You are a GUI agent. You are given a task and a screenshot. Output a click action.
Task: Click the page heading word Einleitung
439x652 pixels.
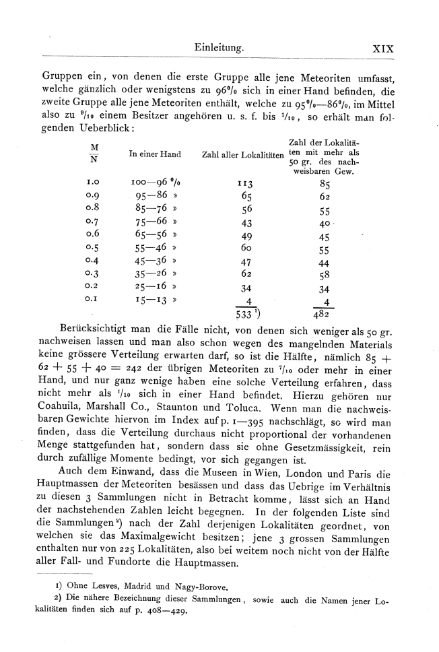pyautogui.click(x=217, y=48)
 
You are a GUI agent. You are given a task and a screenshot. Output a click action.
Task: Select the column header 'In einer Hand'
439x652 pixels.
pyautogui.click(x=154, y=154)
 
